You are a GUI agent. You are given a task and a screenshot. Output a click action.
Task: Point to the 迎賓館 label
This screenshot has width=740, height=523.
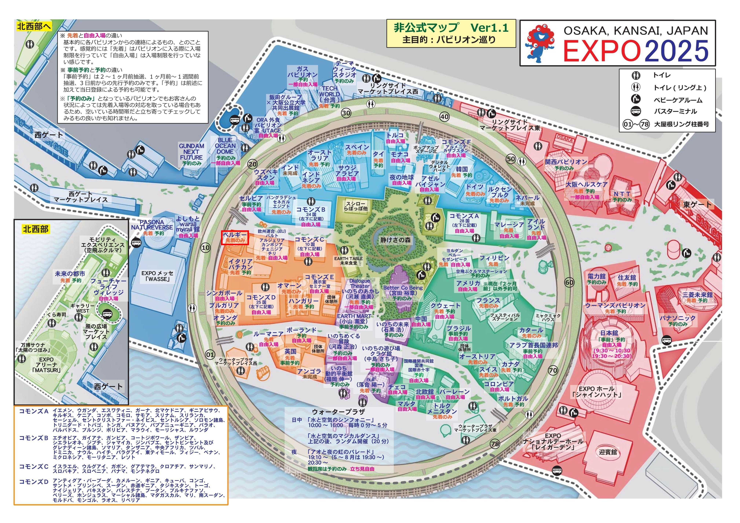tap(608, 452)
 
